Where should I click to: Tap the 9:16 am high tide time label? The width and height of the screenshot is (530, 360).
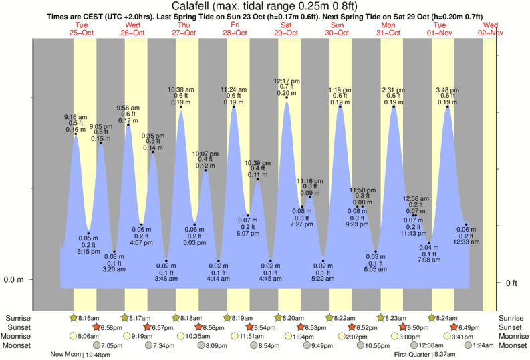75,117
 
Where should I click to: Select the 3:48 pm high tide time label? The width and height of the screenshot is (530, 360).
447,89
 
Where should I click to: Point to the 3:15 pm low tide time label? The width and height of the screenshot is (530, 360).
88,251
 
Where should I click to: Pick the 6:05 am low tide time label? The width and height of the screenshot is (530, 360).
376,270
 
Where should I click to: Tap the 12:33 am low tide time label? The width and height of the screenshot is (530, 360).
466,242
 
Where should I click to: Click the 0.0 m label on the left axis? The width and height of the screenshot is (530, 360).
14,279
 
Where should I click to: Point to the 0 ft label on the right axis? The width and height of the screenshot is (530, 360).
511,283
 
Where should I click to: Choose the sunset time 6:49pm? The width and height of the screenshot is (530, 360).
470,327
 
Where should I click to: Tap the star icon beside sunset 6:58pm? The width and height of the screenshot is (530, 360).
96,327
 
